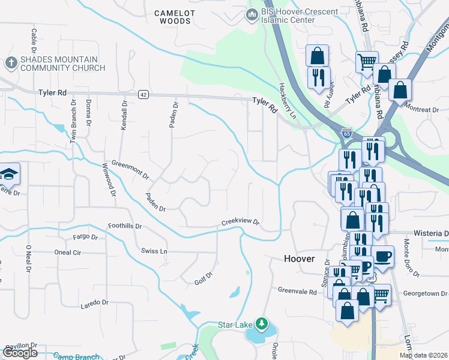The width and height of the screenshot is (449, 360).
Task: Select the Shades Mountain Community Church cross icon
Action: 11,62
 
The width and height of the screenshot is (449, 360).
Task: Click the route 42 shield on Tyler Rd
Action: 143,94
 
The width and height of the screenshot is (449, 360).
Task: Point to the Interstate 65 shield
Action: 346,133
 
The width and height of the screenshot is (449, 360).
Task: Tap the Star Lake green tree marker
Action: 261,325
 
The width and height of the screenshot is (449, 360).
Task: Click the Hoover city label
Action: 299,259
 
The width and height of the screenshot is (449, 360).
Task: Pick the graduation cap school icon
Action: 9,174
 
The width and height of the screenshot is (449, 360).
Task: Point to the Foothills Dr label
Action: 124,227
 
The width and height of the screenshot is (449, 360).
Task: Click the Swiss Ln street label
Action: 154,250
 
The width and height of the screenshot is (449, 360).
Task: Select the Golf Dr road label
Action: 204,277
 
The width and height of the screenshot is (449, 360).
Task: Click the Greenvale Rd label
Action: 297,291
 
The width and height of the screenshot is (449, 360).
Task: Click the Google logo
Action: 19,353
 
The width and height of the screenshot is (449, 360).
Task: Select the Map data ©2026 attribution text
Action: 423,355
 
